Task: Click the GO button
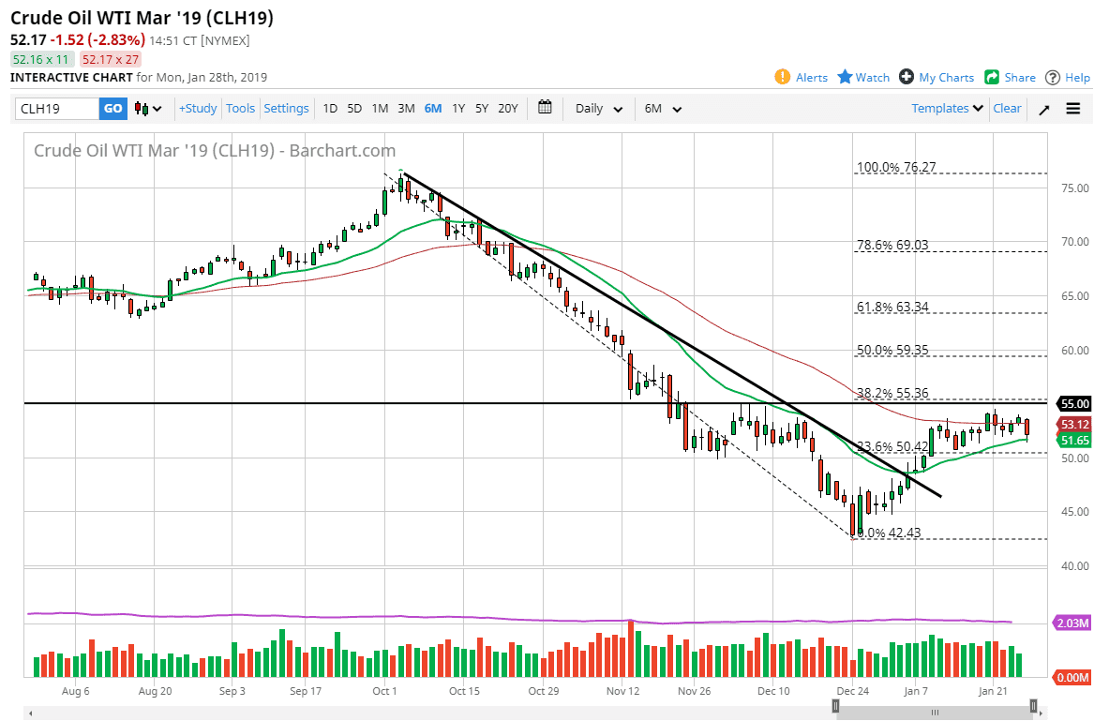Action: pyautogui.click(x=112, y=109)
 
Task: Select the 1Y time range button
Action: pyautogui.click(x=458, y=109)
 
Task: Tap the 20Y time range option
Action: pyautogui.click(x=507, y=109)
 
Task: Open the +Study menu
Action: pyautogui.click(x=198, y=109)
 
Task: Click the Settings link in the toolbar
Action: pyautogui.click(x=286, y=109)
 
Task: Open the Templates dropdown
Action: pyautogui.click(x=947, y=109)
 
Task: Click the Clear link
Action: pyautogui.click(x=1007, y=109)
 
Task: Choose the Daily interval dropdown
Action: pyautogui.click(x=599, y=109)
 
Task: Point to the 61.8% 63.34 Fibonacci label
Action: pyautogui.click(x=892, y=307)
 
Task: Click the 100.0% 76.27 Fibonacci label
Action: pyautogui.click(x=896, y=168)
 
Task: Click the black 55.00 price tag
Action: pyautogui.click(x=1073, y=403)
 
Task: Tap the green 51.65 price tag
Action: pyautogui.click(x=1073, y=440)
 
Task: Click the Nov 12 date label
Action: pyautogui.click(x=622, y=691)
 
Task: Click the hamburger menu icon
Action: pyautogui.click(x=1073, y=109)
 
